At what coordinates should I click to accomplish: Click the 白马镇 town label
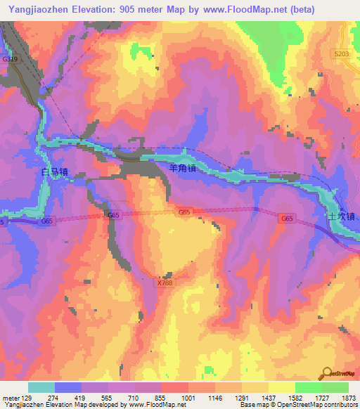click(54, 171)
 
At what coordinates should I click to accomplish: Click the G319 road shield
click(11, 60)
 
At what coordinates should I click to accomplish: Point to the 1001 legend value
click(188, 398)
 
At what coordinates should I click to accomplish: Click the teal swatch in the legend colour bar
click(41, 387)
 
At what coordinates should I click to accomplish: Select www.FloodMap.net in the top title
click(237, 9)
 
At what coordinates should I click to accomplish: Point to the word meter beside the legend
click(11, 398)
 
